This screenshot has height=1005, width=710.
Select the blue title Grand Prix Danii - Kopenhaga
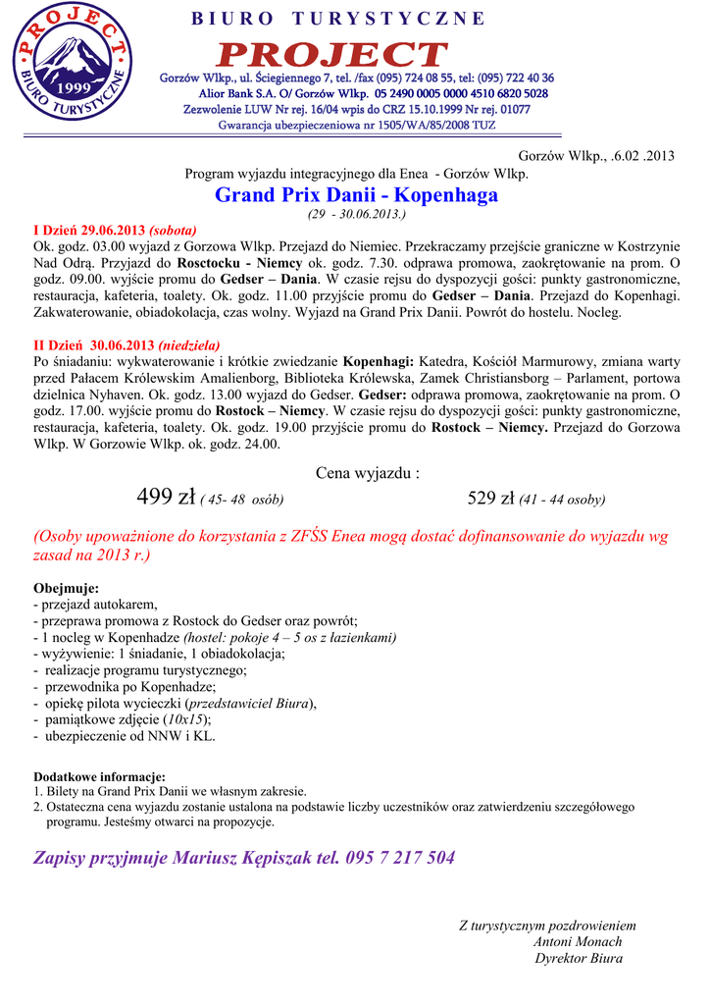[356, 195]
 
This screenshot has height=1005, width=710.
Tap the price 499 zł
[168, 499]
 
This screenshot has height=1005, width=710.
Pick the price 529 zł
[491, 499]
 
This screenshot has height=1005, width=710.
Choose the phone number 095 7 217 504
[400, 858]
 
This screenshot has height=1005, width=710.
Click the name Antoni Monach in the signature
[578, 942]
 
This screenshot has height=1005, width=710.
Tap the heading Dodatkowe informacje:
[99, 776]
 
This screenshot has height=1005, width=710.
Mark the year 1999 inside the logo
[72, 88]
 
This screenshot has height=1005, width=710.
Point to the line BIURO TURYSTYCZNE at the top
[337, 19]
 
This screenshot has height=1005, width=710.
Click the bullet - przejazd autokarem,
[95, 605]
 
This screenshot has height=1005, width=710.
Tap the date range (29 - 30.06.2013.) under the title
[356, 213]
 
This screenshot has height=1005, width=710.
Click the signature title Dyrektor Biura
[579, 959]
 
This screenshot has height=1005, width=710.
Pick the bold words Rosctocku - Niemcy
[241, 263]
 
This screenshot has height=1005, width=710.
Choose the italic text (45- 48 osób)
[242, 501]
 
